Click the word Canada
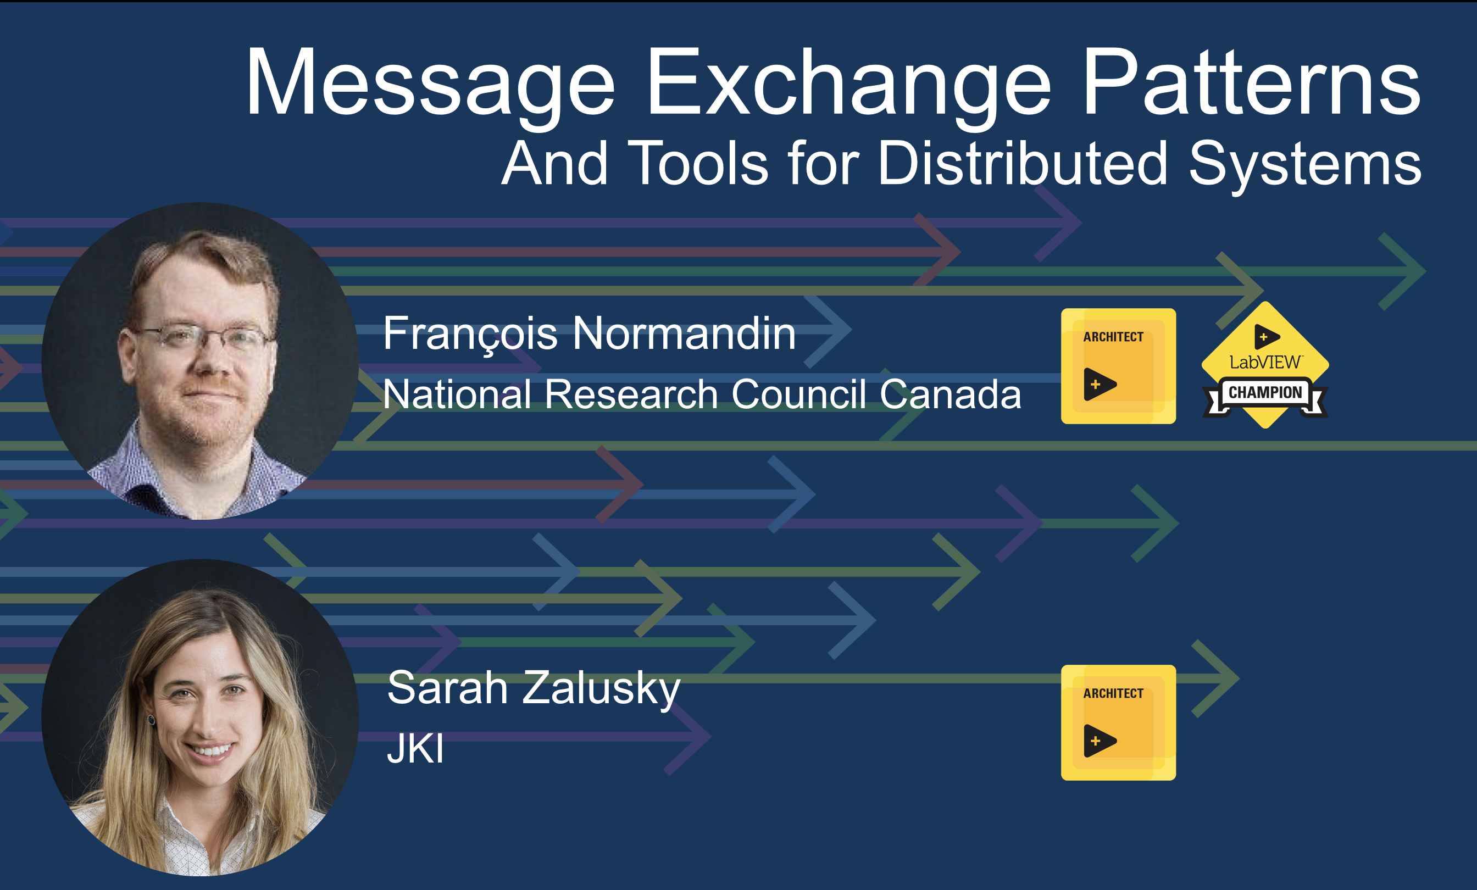[x=950, y=394]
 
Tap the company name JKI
[x=415, y=749]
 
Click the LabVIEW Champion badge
[x=1265, y=365]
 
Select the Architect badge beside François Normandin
[x=1119, y=366]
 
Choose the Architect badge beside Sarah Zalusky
[x=1119, y=723]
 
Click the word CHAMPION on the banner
[x=1265, y=393]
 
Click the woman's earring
[x=152, y=719]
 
